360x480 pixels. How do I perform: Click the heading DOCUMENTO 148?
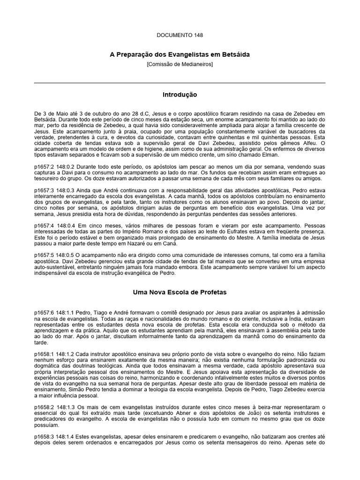pyautogui.click(x=180, y=35)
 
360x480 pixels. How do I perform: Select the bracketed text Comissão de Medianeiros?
pyautogui.click(x=180, y=64)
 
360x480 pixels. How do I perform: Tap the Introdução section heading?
pyautogui.click(x=180, y=95)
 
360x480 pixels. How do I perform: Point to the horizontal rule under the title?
pyautogui.click(x=180, y=83)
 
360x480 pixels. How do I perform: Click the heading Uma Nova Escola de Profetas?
pyautogui.click(x=180, y=292)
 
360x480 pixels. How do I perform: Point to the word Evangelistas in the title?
pyautogui.click(x=186, y=55)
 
